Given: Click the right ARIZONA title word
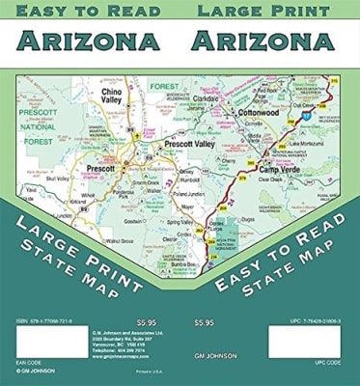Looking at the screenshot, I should point(263,41).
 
